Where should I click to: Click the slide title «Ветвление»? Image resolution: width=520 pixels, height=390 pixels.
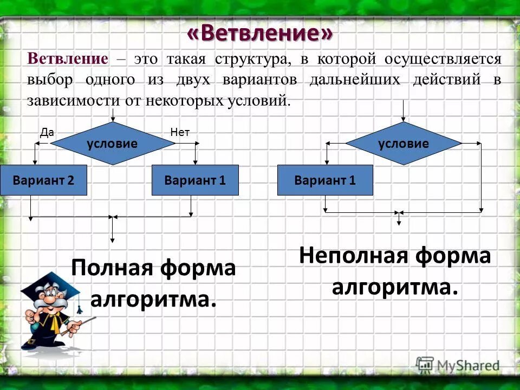259,34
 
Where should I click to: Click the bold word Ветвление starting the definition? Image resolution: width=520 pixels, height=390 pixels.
68,59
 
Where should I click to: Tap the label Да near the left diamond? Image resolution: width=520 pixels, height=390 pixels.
47,132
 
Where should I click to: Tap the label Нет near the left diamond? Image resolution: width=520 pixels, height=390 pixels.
179,132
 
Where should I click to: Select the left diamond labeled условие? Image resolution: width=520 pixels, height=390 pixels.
113,144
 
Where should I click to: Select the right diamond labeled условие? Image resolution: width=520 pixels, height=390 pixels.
403,144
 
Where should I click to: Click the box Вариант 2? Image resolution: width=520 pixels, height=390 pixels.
43,180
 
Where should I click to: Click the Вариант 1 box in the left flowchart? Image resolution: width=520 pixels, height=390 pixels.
195,180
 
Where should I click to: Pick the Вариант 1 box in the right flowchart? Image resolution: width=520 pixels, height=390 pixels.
325,180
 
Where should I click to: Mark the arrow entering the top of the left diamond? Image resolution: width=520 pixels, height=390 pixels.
113,115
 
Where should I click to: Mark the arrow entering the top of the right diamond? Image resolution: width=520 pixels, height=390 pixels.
403,111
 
